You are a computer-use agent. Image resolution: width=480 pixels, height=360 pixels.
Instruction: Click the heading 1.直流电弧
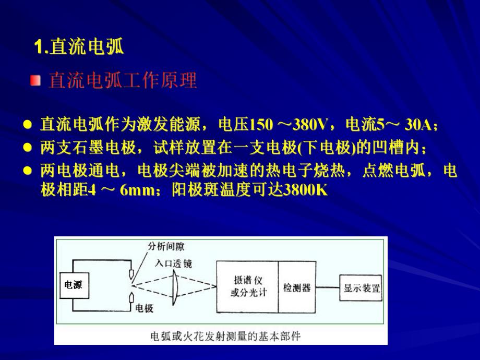coord(79,48)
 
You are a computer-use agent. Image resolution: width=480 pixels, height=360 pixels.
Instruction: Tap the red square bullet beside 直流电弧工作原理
coord(35,80)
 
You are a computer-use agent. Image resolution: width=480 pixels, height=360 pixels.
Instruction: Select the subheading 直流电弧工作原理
coord(123,81)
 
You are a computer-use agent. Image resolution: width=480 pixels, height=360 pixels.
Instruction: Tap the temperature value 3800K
coord(304,189)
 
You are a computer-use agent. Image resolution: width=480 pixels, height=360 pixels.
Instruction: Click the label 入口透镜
coord(173,263)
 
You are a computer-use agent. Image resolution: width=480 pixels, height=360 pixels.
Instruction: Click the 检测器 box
coord(297,287)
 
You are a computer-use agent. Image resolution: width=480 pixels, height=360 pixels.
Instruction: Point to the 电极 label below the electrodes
coord(145,308)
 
